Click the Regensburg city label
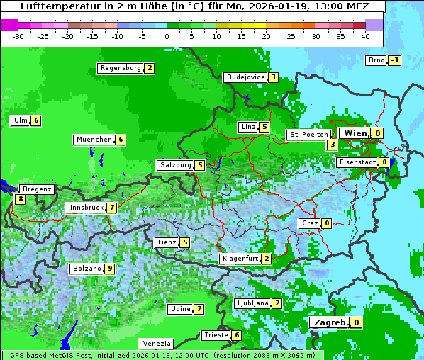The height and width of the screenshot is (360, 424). [x=120, y=68]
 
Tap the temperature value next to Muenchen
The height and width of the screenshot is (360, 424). [x=121, y=140]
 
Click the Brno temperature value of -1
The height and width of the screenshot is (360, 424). [x=395, y=60]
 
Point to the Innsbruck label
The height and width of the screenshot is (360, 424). [x=86, y=208]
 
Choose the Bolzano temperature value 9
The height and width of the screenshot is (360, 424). [x=109, y=269]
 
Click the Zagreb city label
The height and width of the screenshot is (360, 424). [x=330, y=322]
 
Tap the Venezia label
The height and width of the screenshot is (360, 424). [x=156, y=343]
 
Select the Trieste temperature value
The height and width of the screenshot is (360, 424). [x=236, y=335]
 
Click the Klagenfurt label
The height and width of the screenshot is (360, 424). [x=240, y=259]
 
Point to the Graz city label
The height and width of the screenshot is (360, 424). [x=310, y=223]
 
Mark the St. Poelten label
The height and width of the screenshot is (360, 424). [x=308, y=134]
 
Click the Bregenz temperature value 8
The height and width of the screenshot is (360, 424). [x=20, y=200]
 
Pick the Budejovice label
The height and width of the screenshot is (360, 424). [x=245, y=77]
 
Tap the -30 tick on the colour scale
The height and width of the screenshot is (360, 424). [x=19, y=36]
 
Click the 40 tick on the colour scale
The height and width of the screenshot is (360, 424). [x=365, y=36]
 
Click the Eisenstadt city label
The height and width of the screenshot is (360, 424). [x=357, y=162]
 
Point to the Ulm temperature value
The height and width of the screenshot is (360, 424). [x=36, y=120]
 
